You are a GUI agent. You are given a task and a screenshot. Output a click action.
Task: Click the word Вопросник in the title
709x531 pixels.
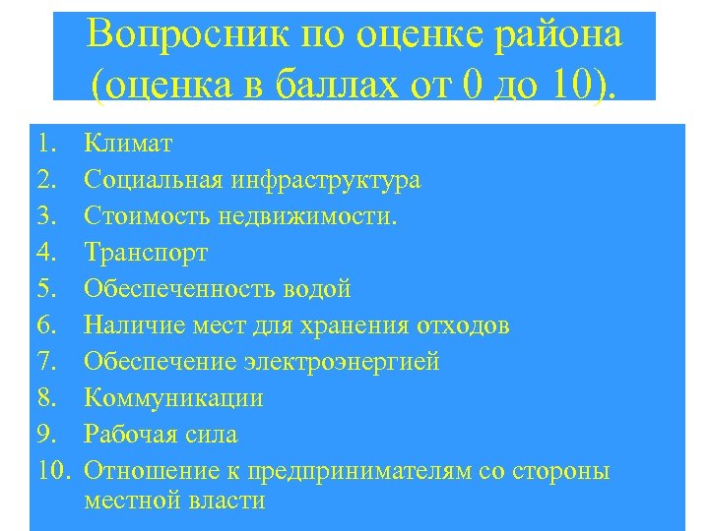[x=186, y=35]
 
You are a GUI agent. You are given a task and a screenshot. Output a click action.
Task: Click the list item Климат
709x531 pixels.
[x=128, y=144]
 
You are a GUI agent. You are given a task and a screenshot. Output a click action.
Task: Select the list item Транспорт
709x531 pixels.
[x=146, y=253]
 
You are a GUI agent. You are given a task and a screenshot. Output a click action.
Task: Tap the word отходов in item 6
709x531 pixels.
[x=459, y=325]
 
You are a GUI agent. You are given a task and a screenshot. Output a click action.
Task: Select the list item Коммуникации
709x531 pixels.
[x=173, y=398]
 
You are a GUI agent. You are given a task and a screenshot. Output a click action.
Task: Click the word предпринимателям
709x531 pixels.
[x=355, y=471]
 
